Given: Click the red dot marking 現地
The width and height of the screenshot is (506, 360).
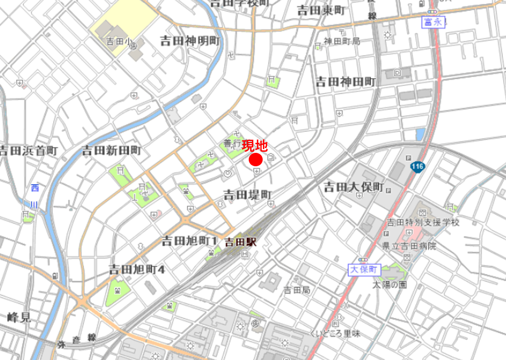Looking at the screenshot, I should pos(255,159).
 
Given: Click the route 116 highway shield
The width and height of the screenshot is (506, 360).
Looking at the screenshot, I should pos(417,167).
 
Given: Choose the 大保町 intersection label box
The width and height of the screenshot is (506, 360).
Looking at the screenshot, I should pos(364,269).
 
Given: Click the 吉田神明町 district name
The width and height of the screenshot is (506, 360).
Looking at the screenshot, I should pos(191,41).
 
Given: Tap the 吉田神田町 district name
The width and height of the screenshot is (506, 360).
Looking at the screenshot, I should pos(345,82).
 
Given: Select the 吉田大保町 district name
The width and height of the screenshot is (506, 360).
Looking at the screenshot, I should pos(353,187).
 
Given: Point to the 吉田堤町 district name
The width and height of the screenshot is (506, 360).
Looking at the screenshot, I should pos(249,194).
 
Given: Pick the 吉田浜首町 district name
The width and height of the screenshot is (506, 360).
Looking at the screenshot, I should pos(29,150).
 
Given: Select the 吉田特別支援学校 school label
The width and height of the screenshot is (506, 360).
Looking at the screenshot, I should pos(423,223).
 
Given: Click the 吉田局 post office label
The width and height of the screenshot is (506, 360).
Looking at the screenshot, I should pos(297,290).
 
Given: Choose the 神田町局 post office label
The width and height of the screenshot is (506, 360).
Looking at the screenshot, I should pos(341,41).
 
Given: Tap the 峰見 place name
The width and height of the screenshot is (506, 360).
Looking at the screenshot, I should pos(19,317).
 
